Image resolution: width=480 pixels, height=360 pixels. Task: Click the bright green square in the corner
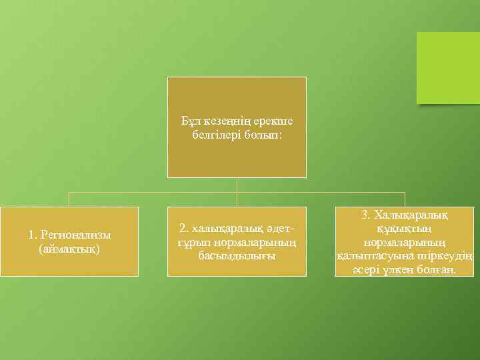(448, 68)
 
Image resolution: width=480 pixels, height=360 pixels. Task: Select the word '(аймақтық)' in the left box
(69, 248)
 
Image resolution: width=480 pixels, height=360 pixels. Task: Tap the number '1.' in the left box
(33, 235)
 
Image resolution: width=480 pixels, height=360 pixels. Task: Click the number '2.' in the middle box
(184, 228)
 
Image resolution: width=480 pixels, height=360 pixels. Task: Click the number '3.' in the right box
(365, 215)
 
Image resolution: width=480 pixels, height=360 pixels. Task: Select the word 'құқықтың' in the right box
(405, 228)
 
